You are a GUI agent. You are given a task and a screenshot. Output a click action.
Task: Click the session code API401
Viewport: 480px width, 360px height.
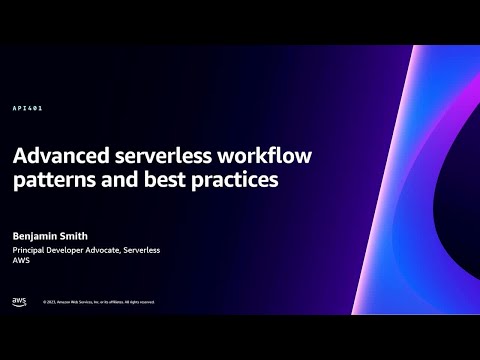[27, 108]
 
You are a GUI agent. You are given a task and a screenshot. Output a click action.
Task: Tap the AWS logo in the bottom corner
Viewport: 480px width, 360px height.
[19, 300]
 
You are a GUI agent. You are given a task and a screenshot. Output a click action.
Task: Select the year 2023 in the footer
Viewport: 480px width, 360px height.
[50, 301]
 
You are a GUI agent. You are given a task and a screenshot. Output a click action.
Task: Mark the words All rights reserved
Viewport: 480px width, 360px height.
[141, 301]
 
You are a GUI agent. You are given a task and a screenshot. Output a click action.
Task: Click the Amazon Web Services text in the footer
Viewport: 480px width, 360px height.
[79, 301]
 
